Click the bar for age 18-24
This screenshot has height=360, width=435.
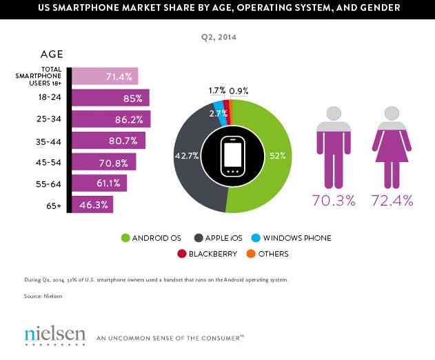coord(110,97)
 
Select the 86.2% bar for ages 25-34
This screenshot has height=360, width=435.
coord(110,119)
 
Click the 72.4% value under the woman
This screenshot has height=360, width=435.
coord(392,201)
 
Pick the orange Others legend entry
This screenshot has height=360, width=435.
coord(261,254)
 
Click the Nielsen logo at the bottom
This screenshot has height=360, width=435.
coord(54,335)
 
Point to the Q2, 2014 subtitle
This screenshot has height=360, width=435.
coord(217,39)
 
